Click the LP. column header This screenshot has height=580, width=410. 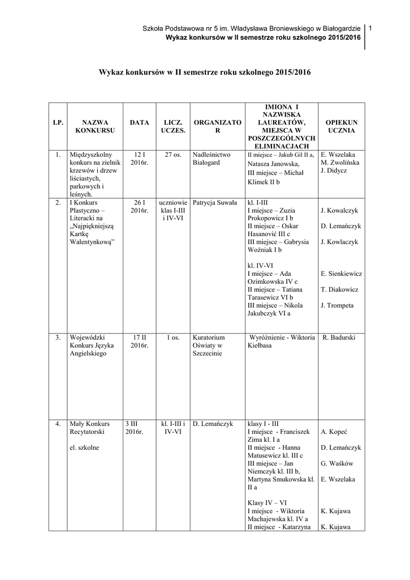(58, 122)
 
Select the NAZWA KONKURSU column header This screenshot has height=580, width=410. (95, 126)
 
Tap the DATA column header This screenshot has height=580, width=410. (139, 122)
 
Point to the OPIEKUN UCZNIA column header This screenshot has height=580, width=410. (341, 126)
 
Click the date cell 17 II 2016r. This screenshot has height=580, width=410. (139, 342)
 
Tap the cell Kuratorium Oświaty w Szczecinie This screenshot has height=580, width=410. (209, 346)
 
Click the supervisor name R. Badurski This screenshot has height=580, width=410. (339, 338)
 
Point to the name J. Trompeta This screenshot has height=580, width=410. (337, 306)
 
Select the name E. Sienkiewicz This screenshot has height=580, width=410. (341, 274)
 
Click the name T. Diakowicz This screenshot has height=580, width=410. (339, 290)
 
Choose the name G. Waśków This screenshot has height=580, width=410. (336, 463)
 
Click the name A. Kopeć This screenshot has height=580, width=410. (333, 432)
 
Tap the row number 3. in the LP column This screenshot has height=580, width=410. (58, 338)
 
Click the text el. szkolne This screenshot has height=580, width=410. (84, 447)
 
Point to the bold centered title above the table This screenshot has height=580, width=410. (205, 73)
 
